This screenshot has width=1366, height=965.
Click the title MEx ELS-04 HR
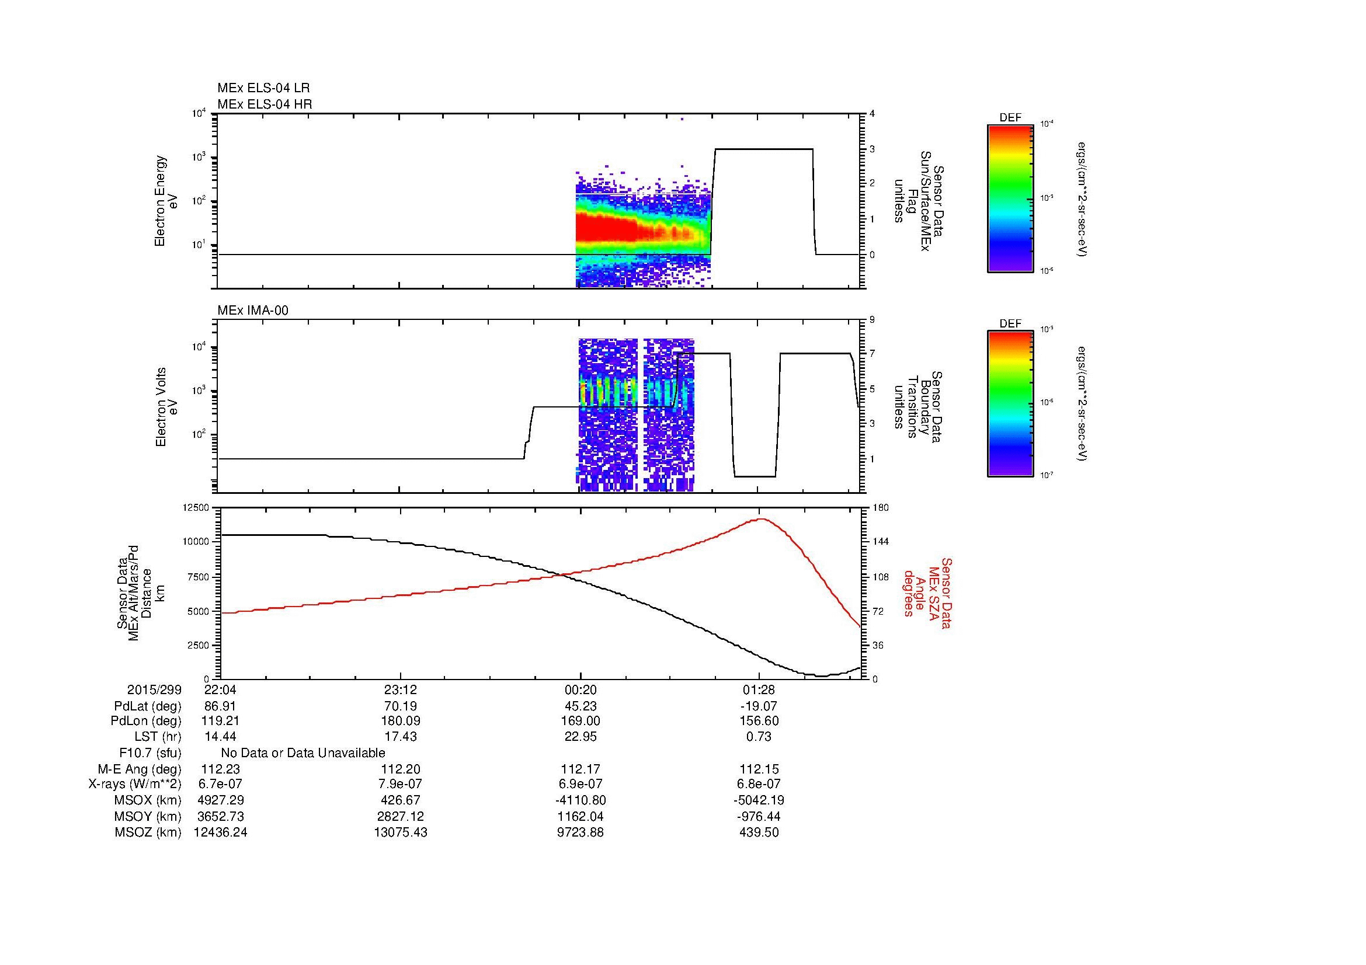point(264,104)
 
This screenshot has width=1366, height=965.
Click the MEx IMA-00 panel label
point(252,311)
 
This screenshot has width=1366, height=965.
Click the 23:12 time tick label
point(400,689)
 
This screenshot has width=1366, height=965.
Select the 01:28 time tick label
point(759,689)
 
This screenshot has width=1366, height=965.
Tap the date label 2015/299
point(154,689)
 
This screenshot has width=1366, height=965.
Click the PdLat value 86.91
point(220,706)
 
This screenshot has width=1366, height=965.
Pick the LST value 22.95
point(580,737)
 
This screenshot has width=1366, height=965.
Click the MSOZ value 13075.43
point(400,832)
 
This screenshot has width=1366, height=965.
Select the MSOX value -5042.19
point(759,800)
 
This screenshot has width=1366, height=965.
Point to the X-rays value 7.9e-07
point(400,784)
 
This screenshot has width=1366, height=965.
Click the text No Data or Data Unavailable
point(303,753)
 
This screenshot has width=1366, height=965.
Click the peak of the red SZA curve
point(762,518)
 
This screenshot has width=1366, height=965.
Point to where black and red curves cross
point(562,574)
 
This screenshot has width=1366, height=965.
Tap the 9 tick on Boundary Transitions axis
point(871,319)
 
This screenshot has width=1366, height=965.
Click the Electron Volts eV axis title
point(166,407)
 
